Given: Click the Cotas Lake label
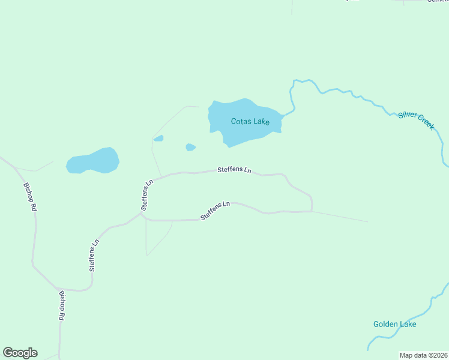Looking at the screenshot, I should coord(250,121).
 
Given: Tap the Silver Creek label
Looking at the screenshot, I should coord(416,120).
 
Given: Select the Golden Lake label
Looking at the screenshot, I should coord(394,324).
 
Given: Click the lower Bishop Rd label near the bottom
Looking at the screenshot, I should coord(62,306).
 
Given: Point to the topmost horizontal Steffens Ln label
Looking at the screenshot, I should coord(234,170).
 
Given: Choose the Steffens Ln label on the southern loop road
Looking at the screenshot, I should coord(215,210).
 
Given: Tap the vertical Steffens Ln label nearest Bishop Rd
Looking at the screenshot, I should coord(94,256).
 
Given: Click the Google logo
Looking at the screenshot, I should coord(20,353).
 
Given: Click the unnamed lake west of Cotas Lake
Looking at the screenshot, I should coord(93,161).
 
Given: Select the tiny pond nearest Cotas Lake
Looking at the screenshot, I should coord(190,147).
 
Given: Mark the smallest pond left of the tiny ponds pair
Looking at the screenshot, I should coord(158,139).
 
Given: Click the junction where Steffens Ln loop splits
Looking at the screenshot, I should coord(142,212).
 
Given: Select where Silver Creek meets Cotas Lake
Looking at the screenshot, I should coord(282,115).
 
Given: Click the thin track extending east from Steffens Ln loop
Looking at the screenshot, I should coord(342,217).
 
